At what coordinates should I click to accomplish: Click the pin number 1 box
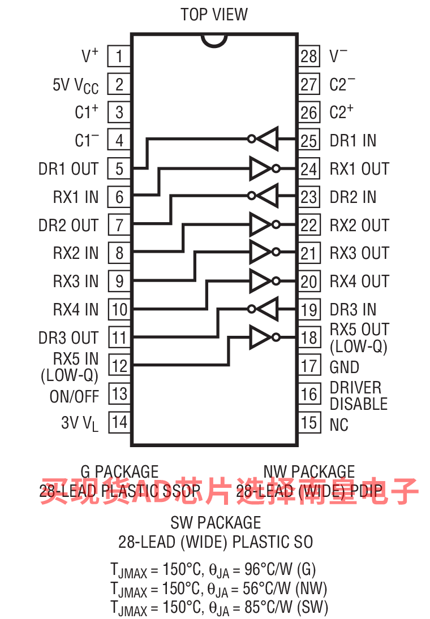click(x=119, y=56)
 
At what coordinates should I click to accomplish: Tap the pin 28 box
click(x=309, y=56)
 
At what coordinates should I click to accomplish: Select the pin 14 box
click(x=119, y=422)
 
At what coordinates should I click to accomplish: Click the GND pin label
click(x=345, y=367)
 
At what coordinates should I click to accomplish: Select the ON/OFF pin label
click(x=74, y=396)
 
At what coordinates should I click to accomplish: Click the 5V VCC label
click(x=75, y=85)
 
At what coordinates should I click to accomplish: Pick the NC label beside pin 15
click(x=339, y=425)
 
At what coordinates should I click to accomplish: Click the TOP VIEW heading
click(x=214, y=14)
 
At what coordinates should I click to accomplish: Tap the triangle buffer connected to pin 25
click(x=268, y=138)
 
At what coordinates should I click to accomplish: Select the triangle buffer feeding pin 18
click(x=261, y=337)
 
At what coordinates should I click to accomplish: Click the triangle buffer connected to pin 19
click(x=268, y=309)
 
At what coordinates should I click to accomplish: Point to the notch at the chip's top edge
click(x=214, y=40)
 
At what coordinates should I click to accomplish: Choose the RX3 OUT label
click(x=359, y=253)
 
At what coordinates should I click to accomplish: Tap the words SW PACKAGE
click(x=216, y=522)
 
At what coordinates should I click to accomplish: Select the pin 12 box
click(x=119, y=366)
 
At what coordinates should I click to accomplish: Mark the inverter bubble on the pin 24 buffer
click(x=276, y=168)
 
